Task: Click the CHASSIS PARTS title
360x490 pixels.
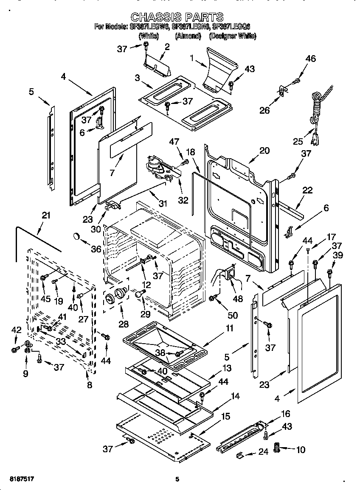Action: pyautogui.click(x=177, y=17)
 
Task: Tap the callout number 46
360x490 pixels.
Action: pyautogui.click(x=310, y=59)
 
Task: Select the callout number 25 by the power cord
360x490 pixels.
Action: pyautogui.click(x=298, y=142)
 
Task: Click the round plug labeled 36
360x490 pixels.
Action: pyautogui.click(x=77, y=235)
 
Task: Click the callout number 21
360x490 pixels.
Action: pyautogui.click(x=46, y=216)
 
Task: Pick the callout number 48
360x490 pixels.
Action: pyautogui.click(x=238, y=299)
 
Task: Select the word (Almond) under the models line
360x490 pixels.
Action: pyautogui.click(x=188, y=36)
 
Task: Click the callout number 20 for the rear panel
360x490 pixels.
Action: pyautogui.click(x=264, y=150)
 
